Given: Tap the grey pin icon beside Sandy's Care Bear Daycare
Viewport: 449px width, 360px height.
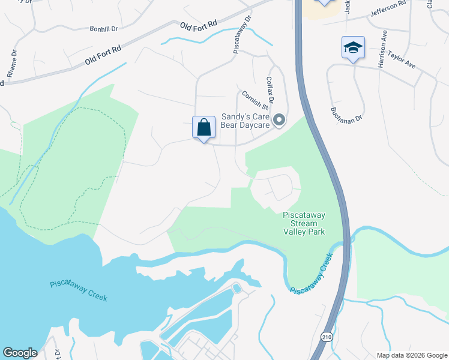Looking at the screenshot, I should pos(279,121).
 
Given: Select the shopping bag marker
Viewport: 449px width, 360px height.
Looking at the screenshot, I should pos(203,128).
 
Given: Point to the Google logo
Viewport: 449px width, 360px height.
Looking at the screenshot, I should pos(20,353).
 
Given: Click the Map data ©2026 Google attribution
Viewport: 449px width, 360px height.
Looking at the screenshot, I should pos(411,355).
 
